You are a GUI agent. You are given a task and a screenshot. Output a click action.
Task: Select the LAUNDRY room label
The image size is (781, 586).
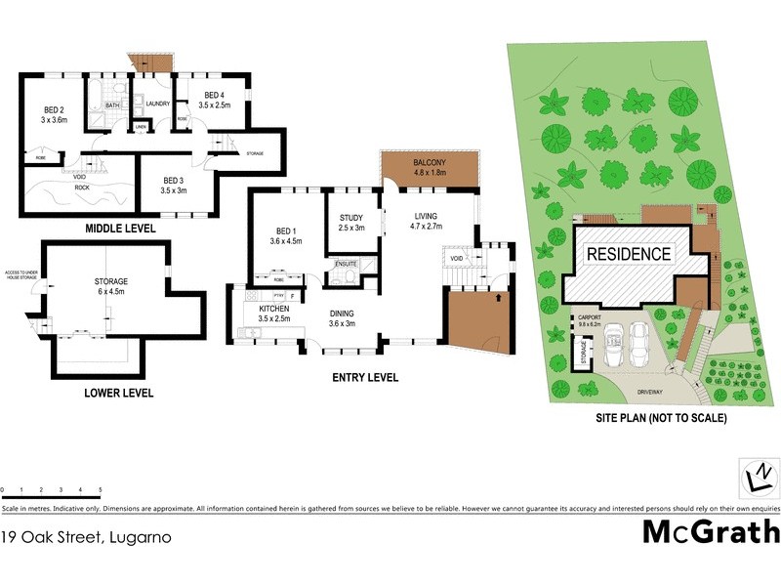tap(158, 104)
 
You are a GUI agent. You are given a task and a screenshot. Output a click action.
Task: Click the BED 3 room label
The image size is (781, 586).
tap(173, 181)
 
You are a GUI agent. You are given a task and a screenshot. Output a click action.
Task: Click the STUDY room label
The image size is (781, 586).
tap(351, 218)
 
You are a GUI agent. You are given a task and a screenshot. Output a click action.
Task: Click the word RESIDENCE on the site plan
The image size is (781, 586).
tap(628, 254)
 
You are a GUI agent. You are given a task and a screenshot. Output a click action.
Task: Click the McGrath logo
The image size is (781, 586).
tap(711, 532)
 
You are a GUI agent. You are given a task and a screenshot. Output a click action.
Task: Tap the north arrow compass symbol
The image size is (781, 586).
tap(758, 480)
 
